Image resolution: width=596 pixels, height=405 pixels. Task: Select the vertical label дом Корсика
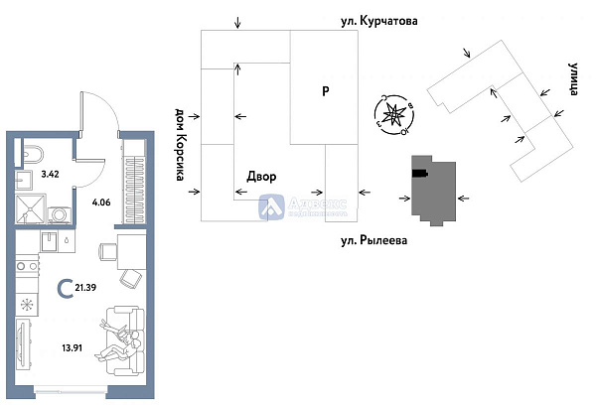tap(181, 145)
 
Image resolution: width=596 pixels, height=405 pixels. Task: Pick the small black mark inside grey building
tap(420, 175)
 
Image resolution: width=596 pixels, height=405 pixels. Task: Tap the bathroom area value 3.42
tap(50, 174)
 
